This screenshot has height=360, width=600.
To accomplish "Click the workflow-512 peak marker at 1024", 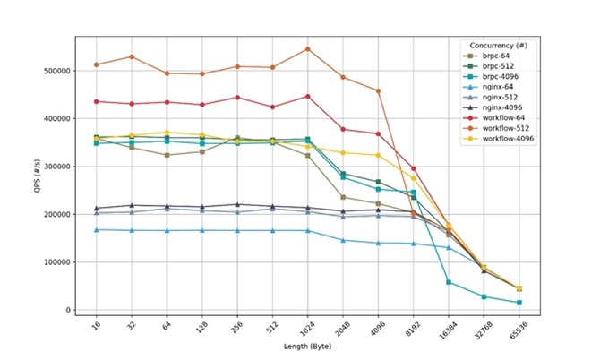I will (x=307, y=48).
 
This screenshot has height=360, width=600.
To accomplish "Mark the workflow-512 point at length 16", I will (x=97, y=64).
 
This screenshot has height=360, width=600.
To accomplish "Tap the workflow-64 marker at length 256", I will (x=237, y=98).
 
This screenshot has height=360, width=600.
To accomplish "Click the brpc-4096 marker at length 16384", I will (x=448, y=282).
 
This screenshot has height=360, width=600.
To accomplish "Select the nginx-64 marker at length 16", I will (x=97, y=230).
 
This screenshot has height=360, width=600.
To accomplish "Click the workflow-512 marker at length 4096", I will (x=378, y=90).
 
